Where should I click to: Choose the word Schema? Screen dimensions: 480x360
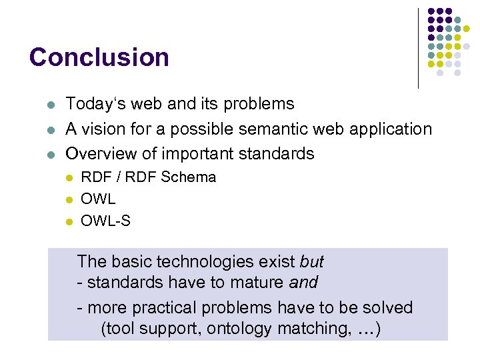click(x=193, y=177)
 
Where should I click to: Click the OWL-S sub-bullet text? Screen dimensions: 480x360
click(x=105, y=221)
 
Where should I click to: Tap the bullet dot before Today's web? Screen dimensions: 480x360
click(x=50, y=105)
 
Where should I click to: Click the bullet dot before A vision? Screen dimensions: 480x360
click(x=50, y=129)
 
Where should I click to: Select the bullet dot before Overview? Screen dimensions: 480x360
click(x=50, y=154)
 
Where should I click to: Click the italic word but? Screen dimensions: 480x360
click(x=311, y=261)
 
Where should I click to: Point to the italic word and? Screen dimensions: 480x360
click(x=303, y=283)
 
